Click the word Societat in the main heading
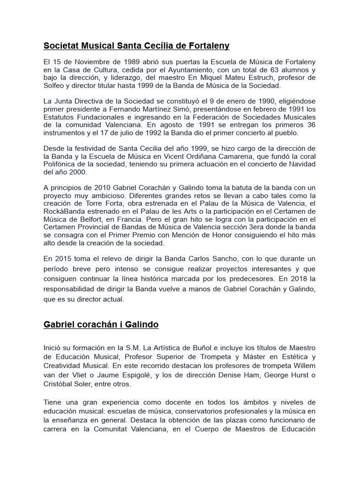[61, 45]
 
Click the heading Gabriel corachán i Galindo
[101, 324]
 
